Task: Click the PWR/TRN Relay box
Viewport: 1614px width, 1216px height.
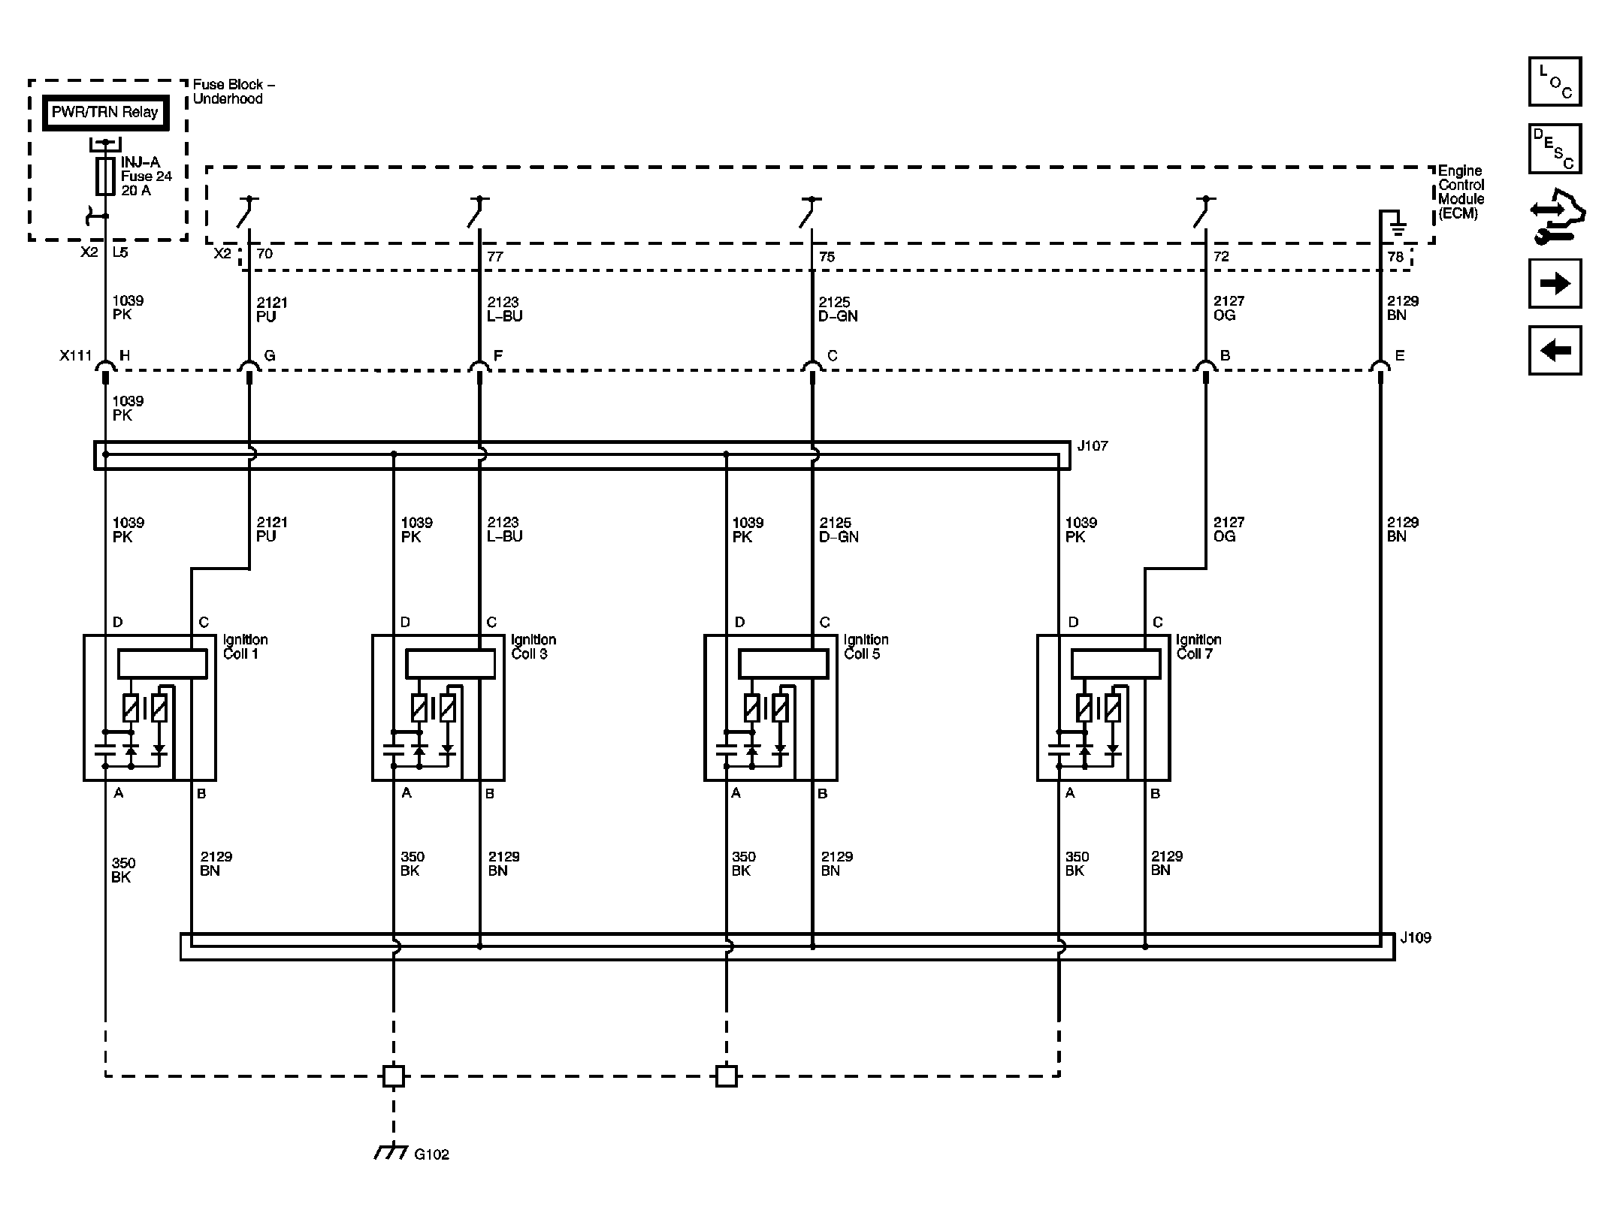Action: (104, 113)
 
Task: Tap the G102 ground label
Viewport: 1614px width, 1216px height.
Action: (431, 1154)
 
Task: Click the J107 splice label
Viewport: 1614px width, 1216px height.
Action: (1092, 446)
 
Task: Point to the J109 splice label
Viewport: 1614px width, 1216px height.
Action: (1416, 938)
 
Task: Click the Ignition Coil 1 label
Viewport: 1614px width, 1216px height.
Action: (245, 647)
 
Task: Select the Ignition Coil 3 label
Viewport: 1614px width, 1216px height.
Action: (533, 647)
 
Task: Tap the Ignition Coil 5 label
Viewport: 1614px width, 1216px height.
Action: (866, 647)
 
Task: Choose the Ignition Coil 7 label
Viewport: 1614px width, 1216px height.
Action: (1198, 647)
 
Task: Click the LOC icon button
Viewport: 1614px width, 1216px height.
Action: (1555, 82)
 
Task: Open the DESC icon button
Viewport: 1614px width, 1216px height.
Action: (1555, 149)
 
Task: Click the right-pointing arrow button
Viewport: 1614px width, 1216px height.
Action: (1555, 284)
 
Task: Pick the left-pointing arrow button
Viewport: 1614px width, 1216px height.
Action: (1555, 351)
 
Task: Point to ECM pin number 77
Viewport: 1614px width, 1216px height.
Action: (494, 256)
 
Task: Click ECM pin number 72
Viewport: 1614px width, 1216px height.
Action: (1221, 256)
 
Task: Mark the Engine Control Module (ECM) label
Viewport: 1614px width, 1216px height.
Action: (1461, 192)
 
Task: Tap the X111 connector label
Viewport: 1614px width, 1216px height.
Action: (75, 355)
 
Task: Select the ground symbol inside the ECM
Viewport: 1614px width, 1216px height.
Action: (1397, 224)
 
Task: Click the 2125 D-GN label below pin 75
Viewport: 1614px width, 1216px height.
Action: (838, 309)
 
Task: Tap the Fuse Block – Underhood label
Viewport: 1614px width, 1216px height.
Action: (233, 92)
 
